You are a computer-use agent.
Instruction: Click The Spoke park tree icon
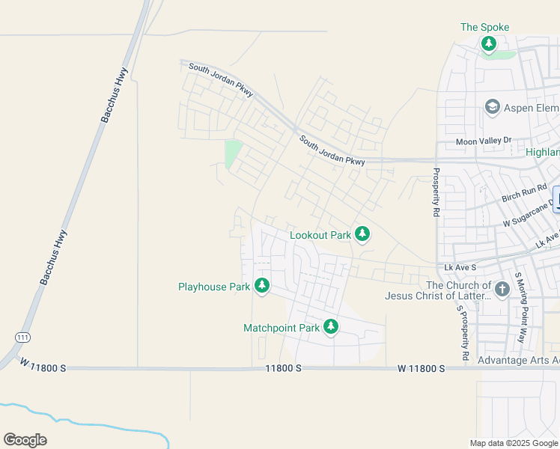pyautogui.click(x=489, y=44)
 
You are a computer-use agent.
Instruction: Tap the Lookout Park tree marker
pyautogui.click(x=362, y=235)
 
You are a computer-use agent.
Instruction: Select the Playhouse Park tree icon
pyautogui.click(x=261, y=286)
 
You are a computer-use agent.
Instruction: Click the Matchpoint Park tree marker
pyautogui.click(x=330, y=327)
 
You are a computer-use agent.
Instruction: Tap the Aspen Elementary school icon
pyautogui.click(x=493, y=108)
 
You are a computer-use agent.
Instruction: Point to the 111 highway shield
pyautogui.click(x=22, y=338)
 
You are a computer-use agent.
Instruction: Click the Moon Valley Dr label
pyautogui.click(x=484, y=141)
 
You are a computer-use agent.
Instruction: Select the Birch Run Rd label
pyautogui.click(x=525, y=196)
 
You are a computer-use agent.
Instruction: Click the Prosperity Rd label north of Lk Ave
pyautogui.click(x=436, y=192)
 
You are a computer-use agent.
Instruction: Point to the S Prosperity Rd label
pyautogui.click(x=464, y=329)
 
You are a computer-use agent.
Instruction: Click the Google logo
pyautogui.click(x=25, y=440)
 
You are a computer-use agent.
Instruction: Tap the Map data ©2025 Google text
pyautogui.click(x=514, y=443)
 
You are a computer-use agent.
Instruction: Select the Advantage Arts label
pyautogui.click(x=518, y=361)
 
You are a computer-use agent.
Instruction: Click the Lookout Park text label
pyautogui.click(x=320, y=235)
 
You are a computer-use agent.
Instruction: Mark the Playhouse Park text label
pyautogui.click(x=214, y=287)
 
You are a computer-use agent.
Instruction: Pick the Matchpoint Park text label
pyautogui.click(x=281, y=328)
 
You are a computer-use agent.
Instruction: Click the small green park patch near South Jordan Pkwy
pyautogui.click(x=234, y=154)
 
